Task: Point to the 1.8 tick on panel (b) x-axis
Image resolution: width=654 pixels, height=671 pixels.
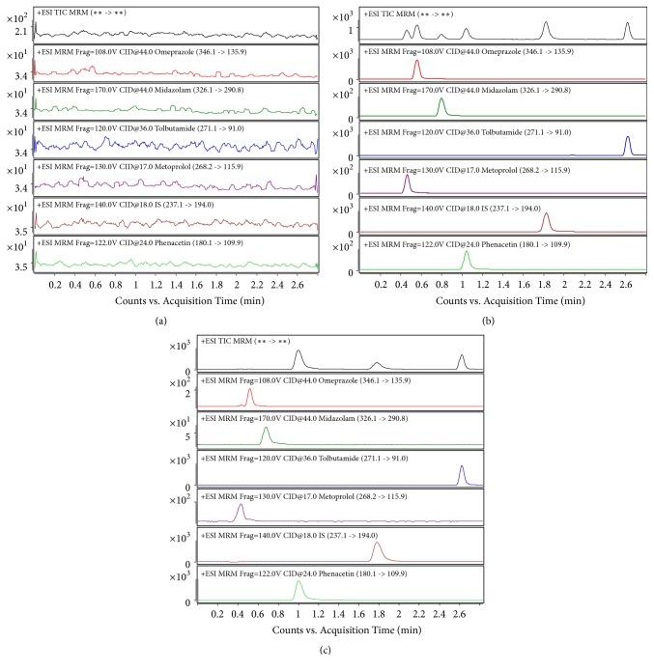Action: [x=544, y=285]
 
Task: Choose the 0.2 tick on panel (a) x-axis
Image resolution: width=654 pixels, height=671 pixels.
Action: [x=56, y=285]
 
